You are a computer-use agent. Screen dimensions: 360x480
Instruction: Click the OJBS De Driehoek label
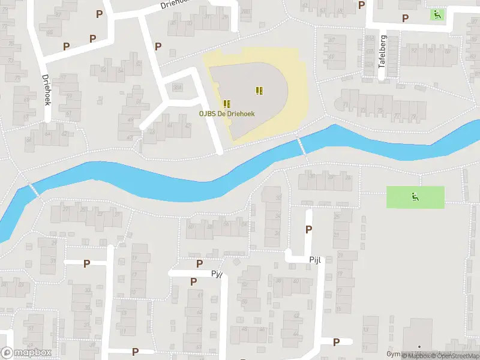pos(227,114)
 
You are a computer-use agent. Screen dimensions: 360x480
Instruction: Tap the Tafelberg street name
pos(382,58)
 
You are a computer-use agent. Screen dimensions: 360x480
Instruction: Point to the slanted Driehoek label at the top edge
pos(176,4)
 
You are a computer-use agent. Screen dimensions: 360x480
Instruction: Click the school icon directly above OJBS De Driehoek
pos(227,103)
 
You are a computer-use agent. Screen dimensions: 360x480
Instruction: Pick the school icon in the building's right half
pos(259,91)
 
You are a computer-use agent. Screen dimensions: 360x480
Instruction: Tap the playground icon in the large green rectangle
pos(415,196)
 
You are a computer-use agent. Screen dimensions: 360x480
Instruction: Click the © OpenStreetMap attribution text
pos(453,356)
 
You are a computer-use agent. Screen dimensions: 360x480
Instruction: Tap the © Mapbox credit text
pos(415,356)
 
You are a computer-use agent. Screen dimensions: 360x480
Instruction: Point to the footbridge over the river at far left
pos(34,190)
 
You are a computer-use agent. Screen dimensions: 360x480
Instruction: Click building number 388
pos(178,88)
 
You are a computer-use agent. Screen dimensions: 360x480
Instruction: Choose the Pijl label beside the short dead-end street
pos(316,260)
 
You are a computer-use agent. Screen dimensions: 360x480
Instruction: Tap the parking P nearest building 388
pos(158,46)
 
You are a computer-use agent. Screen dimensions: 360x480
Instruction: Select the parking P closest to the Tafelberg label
pos(405,19)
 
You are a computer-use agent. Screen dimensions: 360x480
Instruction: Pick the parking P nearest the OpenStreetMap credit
pos(336,342)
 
